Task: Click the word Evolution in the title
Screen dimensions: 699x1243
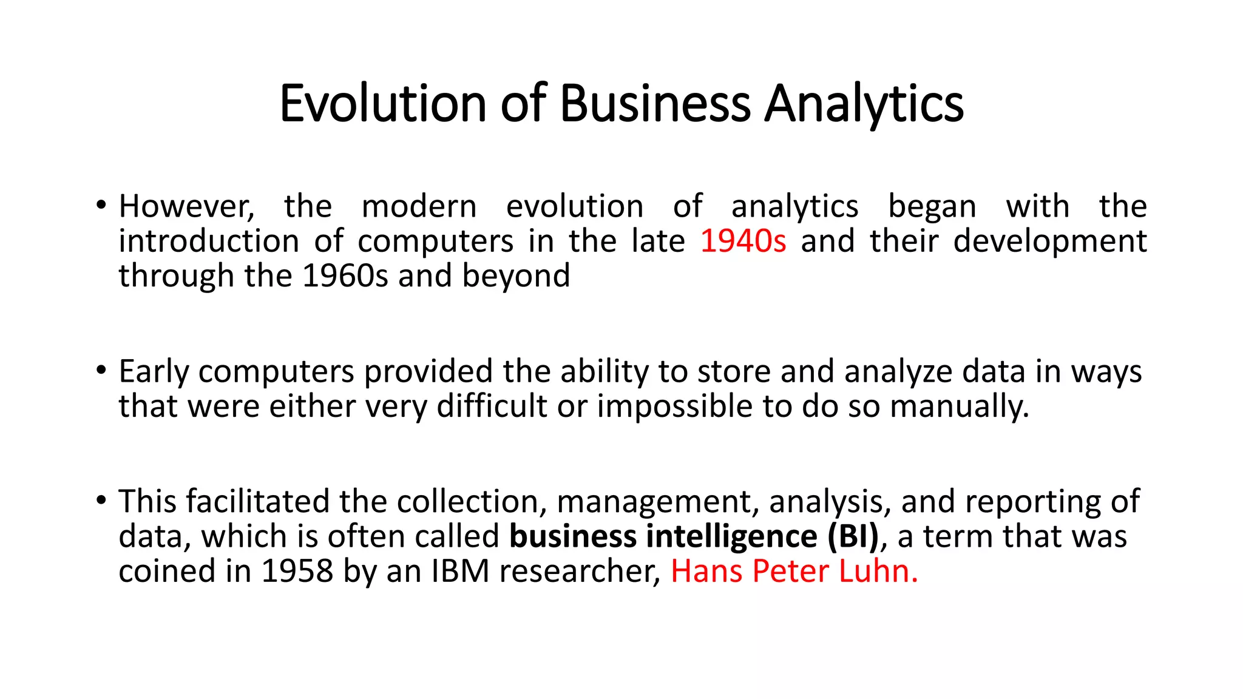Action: [382, 103]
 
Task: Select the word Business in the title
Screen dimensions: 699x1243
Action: [655, 103]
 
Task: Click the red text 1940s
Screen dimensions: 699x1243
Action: [743, 241]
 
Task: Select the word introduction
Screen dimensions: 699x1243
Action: [209, 241]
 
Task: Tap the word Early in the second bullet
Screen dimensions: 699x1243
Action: [154, 371]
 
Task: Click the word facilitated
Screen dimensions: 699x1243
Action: [257, 502]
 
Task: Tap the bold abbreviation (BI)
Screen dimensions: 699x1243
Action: [853, 536]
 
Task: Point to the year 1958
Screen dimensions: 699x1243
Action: [297, 572]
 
